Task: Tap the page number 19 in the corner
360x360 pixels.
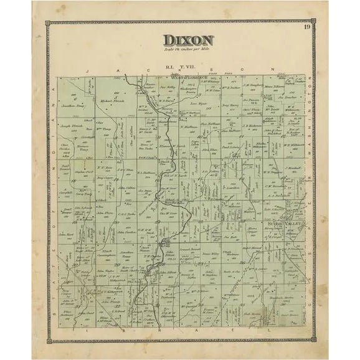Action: [x=308, y=26]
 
